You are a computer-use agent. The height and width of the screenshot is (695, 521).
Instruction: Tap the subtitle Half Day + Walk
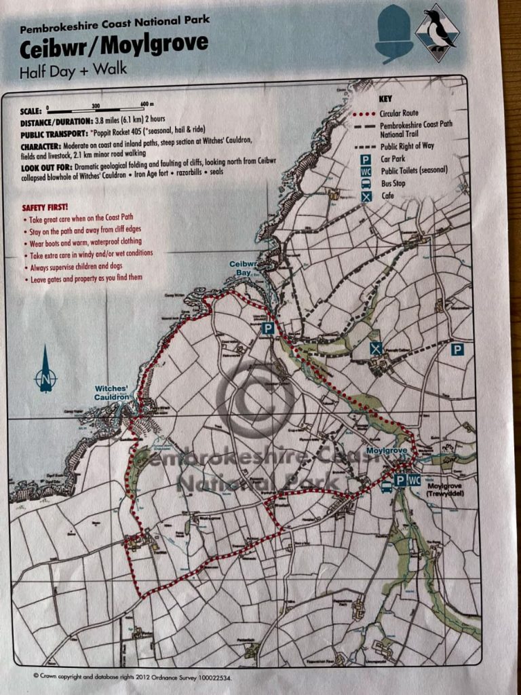point(73,69)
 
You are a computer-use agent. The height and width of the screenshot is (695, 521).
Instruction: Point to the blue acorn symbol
point(393,33)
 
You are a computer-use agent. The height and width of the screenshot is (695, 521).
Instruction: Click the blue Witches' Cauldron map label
point(112,393)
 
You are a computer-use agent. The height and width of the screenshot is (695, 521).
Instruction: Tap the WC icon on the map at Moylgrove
point(414,480)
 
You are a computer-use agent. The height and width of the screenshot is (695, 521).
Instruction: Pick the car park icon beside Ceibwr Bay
point(269,328)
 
